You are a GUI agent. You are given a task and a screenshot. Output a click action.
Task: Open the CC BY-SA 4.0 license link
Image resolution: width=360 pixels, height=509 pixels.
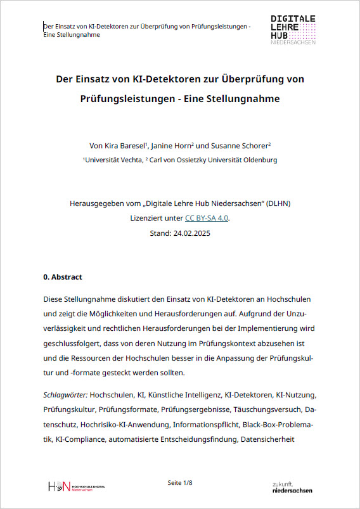click(207, 218)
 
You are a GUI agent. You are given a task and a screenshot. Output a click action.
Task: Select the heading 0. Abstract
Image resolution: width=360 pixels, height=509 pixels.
click(63, 277)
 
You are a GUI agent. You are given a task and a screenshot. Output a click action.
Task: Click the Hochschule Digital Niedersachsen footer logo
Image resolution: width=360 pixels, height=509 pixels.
click(77, 486)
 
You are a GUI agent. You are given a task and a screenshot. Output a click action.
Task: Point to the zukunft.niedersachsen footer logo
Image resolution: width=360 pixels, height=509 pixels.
click(292, 487)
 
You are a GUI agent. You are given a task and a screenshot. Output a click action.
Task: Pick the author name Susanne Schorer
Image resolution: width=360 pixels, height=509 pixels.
click(247, 145)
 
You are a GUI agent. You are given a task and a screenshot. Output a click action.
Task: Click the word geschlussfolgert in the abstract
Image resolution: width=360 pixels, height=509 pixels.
click(74, 343)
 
